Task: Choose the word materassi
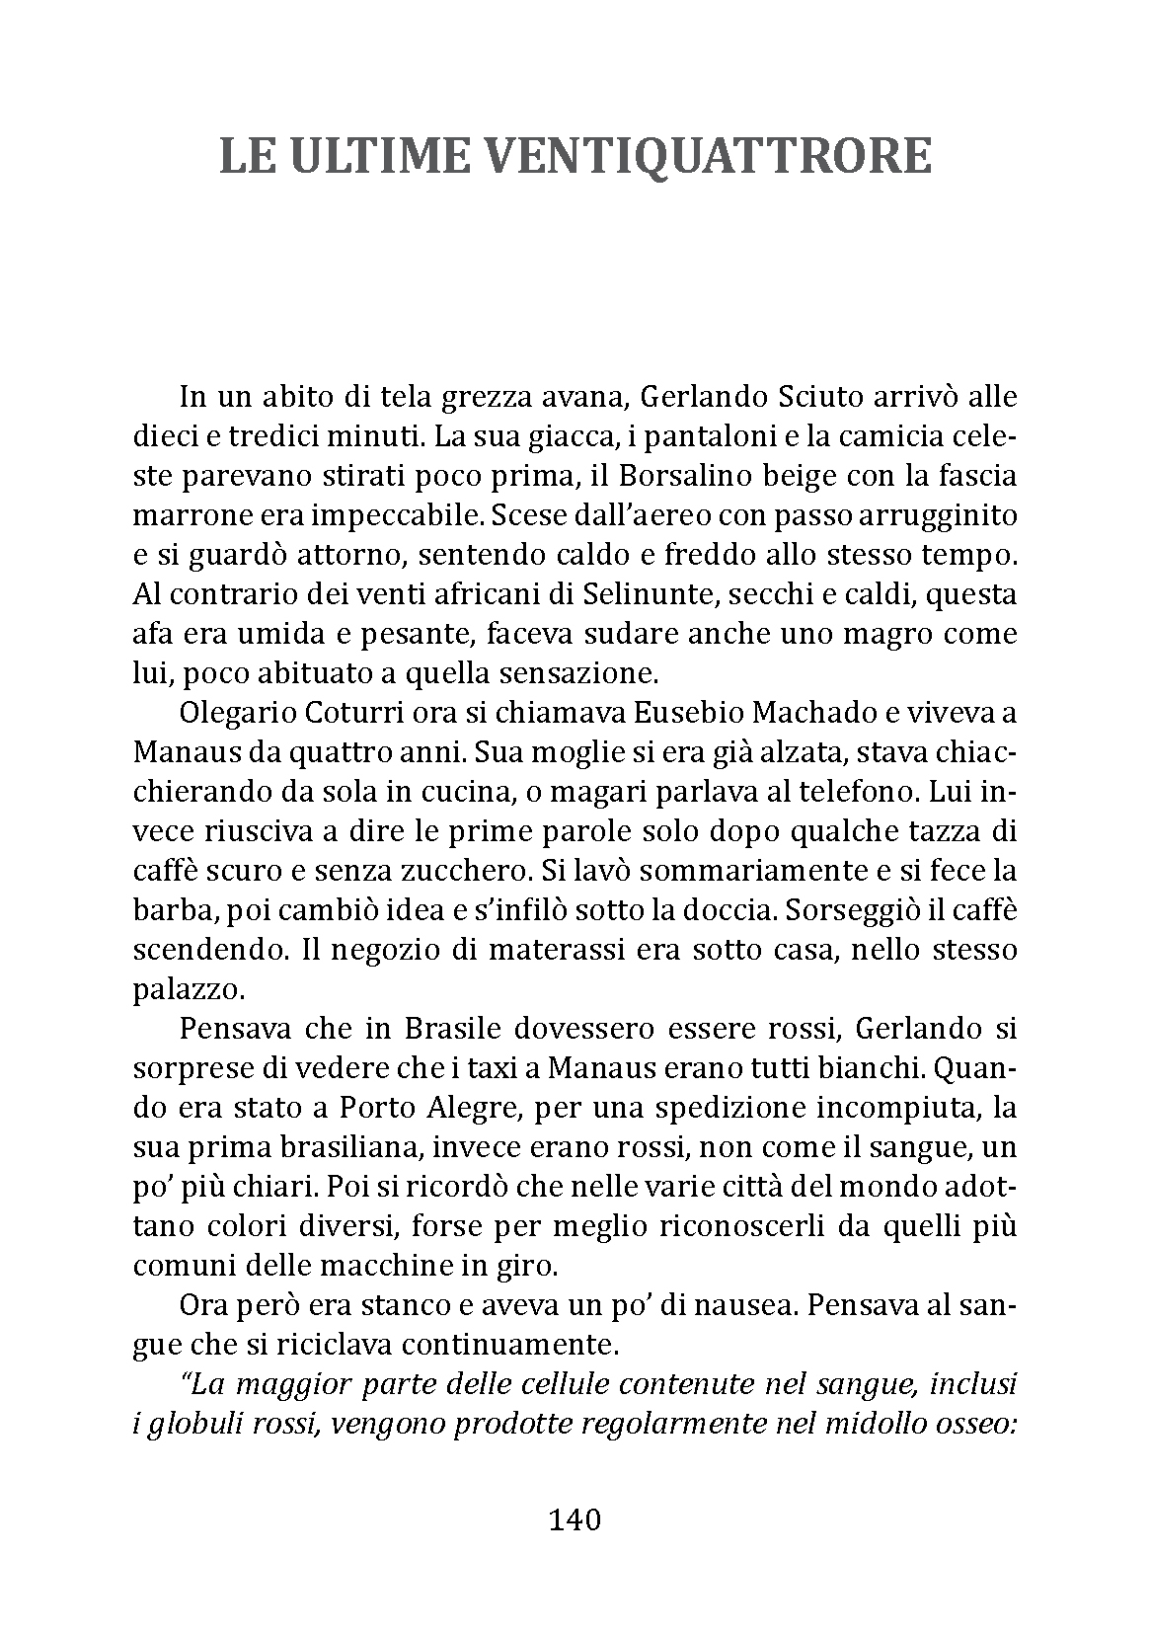(507, 950)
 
